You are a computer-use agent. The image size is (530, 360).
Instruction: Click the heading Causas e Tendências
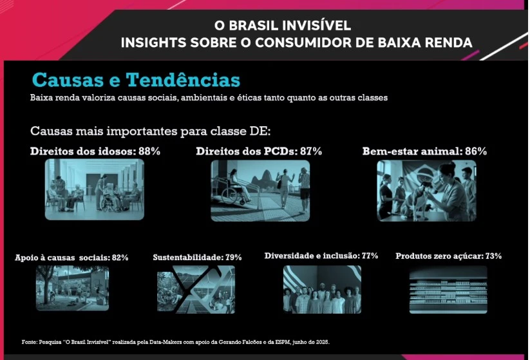click(x=136, y=80)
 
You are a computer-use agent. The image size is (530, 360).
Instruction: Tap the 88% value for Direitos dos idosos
click(x=149, y=151)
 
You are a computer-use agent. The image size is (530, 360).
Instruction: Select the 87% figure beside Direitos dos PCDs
click(x=310, y=151)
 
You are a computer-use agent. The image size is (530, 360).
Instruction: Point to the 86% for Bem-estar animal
click(x=476, y=151)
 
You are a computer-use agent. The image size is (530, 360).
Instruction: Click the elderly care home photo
click(x=94, y=189)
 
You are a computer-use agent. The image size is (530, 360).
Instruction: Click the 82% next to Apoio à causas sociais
click(x=120, y=258)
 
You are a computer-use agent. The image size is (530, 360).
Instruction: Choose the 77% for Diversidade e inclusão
click(x=370, y=256)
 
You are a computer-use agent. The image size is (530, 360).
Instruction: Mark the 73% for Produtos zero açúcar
click(x=493, y=256)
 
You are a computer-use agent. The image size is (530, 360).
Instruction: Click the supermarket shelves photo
click(x=448, y=290)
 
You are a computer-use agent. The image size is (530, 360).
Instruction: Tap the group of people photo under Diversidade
click(x=322, y=290)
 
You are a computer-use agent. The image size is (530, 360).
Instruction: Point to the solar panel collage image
click(x=196, y=290)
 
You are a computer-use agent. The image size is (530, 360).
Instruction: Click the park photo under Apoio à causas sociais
click(x=72, y=288)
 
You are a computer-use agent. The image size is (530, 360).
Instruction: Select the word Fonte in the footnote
click(x=30, y=342)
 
